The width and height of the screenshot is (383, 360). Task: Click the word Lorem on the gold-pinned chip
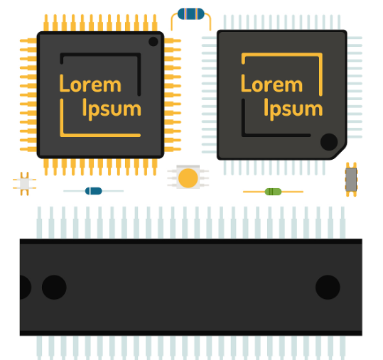coord(90,84)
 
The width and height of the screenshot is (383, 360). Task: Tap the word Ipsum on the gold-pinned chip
coord(112,109)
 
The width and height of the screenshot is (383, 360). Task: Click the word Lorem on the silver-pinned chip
coord(271,84)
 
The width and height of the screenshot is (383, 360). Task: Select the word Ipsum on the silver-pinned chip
coord(293,109)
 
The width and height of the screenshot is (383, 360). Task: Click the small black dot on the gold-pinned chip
coord(153,41)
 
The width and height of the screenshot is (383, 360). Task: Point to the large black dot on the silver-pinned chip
coord(329,142)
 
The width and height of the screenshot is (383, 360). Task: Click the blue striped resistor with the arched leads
coord(190,14)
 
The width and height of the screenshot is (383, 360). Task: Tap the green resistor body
coord(273,192)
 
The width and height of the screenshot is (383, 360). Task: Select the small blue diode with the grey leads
coord(94,191)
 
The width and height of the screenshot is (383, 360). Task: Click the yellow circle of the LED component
coord(188,178)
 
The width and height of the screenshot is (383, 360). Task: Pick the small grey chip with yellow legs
coord(351,180)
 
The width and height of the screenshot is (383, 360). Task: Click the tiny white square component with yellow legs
coord(24,184)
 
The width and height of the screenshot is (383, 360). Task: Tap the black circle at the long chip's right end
coord(328,288)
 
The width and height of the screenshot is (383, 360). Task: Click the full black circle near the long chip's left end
coord(54,288)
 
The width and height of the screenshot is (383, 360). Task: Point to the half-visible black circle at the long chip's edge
coord(25,288)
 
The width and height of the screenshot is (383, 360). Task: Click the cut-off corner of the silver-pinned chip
coord(339,153)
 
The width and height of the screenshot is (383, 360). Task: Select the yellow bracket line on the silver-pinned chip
coord(321,73)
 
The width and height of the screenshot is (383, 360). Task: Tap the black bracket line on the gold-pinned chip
coord(139,73)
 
